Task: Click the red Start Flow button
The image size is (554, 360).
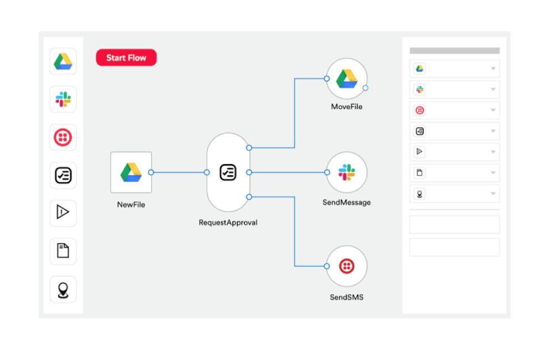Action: pos(126,58)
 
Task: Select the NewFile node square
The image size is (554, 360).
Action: pos(131,172)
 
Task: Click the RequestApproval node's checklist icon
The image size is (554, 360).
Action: pos(228,172)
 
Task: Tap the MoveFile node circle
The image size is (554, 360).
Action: pos(347,79)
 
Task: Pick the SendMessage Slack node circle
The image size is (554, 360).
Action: pos(347,172)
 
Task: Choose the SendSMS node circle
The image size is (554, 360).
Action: pos(347,266)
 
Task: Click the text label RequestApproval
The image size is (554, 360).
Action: pos(228,223)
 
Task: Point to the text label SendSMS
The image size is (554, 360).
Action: pos(347,297)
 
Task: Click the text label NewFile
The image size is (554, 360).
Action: pos(131,204)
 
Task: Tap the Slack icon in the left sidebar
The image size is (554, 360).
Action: pos(63,99)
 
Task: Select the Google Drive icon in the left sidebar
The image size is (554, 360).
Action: pos(63,61)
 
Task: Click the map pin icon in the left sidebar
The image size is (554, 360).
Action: pos(63,290)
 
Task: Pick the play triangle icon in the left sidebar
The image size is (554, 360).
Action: pos(63,212)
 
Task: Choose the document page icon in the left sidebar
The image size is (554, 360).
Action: pos(63,250)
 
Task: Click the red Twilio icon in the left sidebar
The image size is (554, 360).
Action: pos(63,137)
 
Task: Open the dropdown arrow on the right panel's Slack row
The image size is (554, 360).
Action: pos(493,89)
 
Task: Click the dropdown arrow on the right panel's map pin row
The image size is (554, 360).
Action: pos(493,194)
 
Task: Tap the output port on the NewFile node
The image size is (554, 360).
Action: pos(151,172)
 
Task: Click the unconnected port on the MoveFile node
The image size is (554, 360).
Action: pos(365,88)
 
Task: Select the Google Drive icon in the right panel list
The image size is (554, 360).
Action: pos(420,69)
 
